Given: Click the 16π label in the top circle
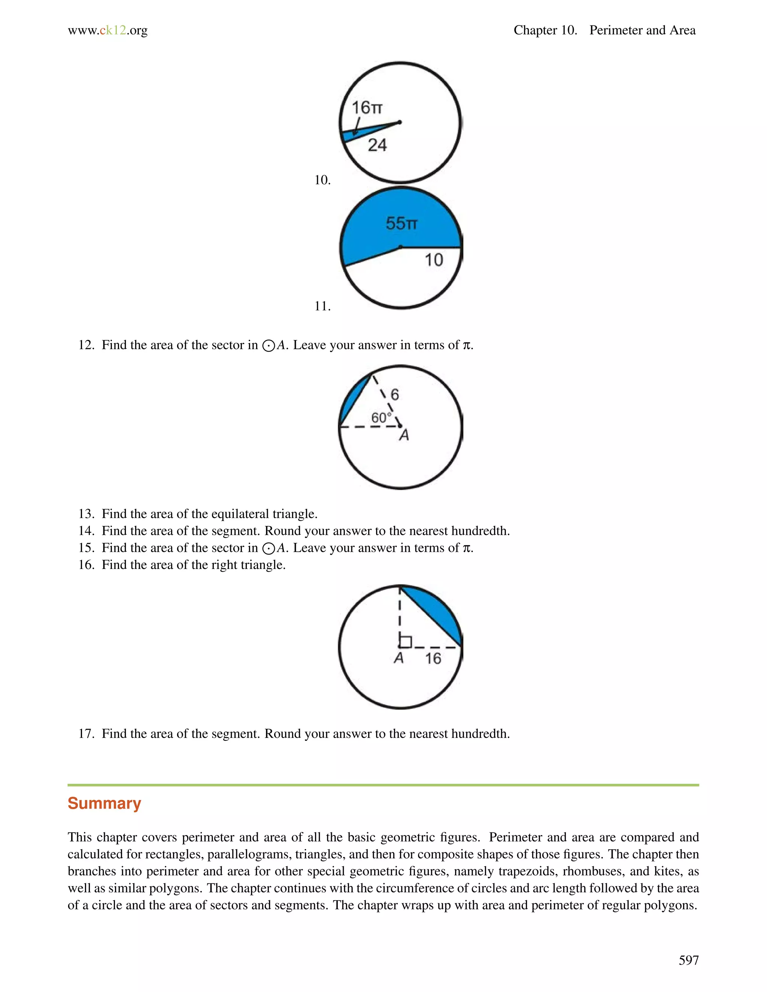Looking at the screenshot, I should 367,108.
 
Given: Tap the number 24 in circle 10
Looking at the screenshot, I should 377,145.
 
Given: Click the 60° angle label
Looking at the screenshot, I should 381,417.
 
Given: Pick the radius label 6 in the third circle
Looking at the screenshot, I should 394,394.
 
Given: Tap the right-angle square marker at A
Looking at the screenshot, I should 405,642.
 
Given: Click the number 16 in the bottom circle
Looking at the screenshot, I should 433,658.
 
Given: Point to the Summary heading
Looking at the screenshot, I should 104,803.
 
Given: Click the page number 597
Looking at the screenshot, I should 688,960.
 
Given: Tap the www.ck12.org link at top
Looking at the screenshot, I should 108,30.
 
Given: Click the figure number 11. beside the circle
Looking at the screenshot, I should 322,306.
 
